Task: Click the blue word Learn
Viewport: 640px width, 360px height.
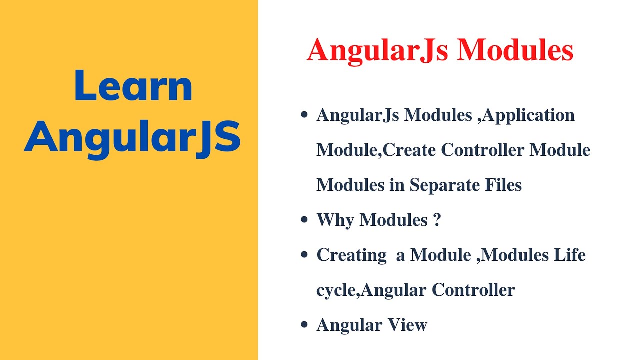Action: point(133,86)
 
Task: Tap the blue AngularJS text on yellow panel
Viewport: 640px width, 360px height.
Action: point(133,138)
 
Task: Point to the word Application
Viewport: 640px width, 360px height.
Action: point(529,115)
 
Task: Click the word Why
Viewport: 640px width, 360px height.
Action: point(335,220)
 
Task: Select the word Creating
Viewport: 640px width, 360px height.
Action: point(351,255)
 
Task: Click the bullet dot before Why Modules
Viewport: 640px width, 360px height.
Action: point(303,220)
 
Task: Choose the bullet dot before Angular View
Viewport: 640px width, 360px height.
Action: point(303,325)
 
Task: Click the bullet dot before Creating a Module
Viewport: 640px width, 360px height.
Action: point(303,255)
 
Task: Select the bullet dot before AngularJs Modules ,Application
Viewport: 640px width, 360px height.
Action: point(303,115)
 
